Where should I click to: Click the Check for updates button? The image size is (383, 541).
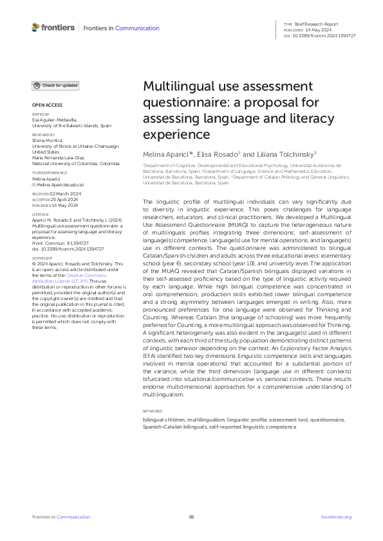coord(56,85)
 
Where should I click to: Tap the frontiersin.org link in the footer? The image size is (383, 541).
coord(336,517)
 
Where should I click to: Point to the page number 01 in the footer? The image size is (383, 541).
coord(191,517)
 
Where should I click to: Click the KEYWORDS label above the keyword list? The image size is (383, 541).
coord(153,411)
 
